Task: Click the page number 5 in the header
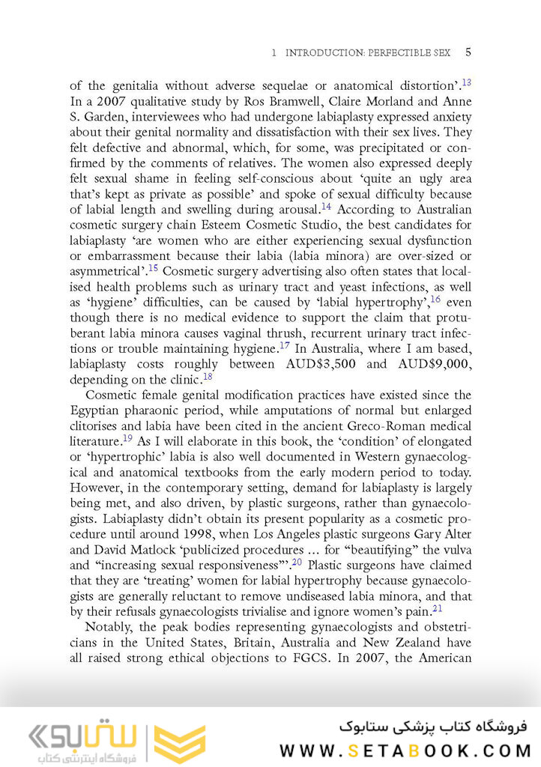468,52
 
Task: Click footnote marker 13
466,83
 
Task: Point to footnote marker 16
435,300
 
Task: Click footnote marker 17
284,345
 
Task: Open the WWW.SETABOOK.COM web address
405,750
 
